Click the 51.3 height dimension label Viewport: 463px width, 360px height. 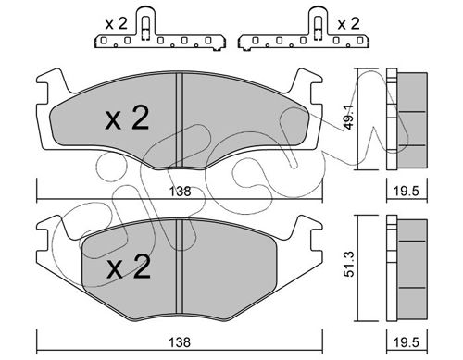[x=349, y=265]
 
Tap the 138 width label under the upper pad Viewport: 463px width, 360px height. [x=181, y=192]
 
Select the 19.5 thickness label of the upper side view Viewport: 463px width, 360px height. [x=407, y=192]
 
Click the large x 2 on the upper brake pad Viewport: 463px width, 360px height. [x=127, y=118]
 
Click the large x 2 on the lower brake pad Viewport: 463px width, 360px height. [x=129, y=267]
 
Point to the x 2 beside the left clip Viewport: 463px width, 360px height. [x=116, y=24]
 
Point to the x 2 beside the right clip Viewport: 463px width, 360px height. [x=348, y=24]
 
